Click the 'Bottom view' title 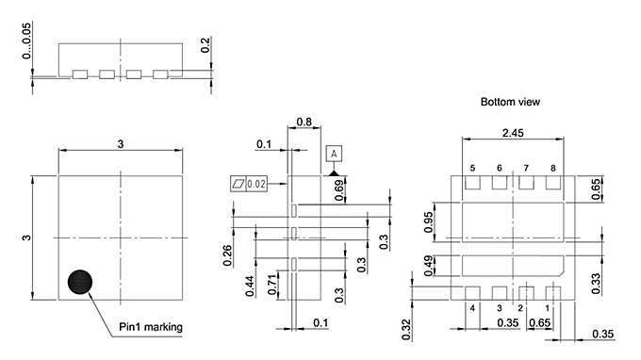(x=510, y=102)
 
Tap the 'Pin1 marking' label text (x=151, y=328)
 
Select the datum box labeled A (x=334, y=153)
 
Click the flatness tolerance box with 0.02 (x=249, y=183)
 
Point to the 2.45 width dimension (x=512, y=133)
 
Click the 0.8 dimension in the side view (x=304, y=122)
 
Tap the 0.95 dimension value (x=429, y=222)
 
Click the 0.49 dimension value (x=429, y=267)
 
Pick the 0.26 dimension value (x=228, y=255)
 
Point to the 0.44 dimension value (x=250, y=286)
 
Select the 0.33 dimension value (x=597, y=283)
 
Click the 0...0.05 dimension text (x=26, y=42)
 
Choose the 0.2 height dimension (x=205, y=45)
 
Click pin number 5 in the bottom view (x=473, y=168)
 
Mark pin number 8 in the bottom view (x=553, y=168)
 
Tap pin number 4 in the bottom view (x=471, y=308)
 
